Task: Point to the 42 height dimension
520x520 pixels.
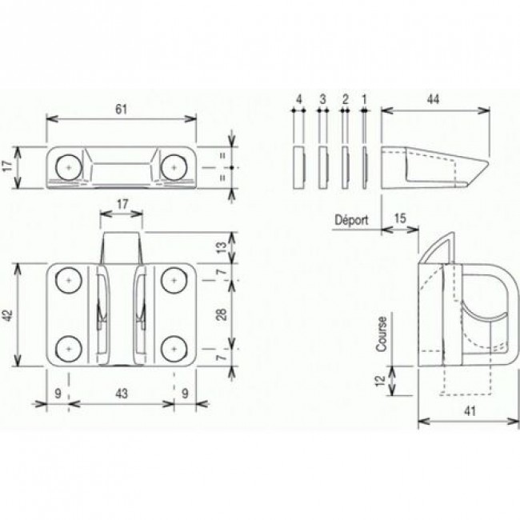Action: [x=9, y=317]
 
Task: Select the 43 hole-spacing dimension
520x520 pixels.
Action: [x=121, y=394]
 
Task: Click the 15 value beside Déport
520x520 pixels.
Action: [x=400, y=218]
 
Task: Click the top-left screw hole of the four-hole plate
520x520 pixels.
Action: [x=70, y=281]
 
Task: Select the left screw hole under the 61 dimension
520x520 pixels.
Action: [x=69, y=166]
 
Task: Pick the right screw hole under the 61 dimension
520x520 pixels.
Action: [x=172, y=166]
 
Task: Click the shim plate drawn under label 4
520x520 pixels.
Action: [x=298, y=166]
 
